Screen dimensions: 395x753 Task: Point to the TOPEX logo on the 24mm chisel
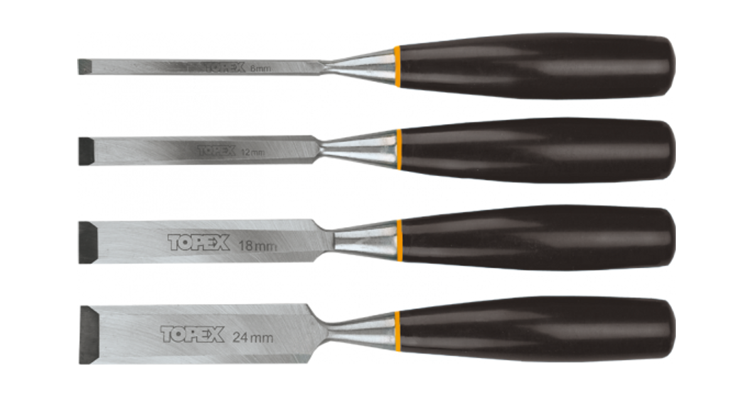(x=192, y=334)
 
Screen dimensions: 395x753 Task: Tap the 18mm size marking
(x=258, y=245)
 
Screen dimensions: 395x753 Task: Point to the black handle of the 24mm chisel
(x=533, y=329)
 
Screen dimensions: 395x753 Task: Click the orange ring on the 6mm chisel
(x=397, y=66)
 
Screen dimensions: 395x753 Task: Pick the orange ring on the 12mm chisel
(x=398, y=149)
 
